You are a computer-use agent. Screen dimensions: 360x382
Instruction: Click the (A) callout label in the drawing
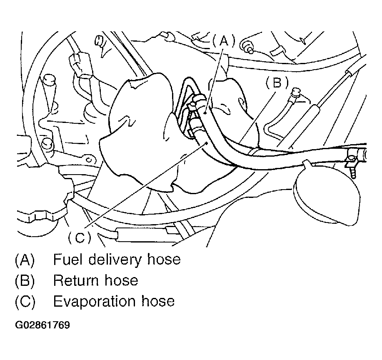point(224,41)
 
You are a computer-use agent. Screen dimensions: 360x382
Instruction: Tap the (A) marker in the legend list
point(25,260)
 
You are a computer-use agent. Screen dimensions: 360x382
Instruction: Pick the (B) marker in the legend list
point(25,280)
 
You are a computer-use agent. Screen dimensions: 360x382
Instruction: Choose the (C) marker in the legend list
point(25,301)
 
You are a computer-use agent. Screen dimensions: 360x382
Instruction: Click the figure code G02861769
point(42,325)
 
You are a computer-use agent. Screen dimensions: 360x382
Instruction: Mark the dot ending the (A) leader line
point(207,112)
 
